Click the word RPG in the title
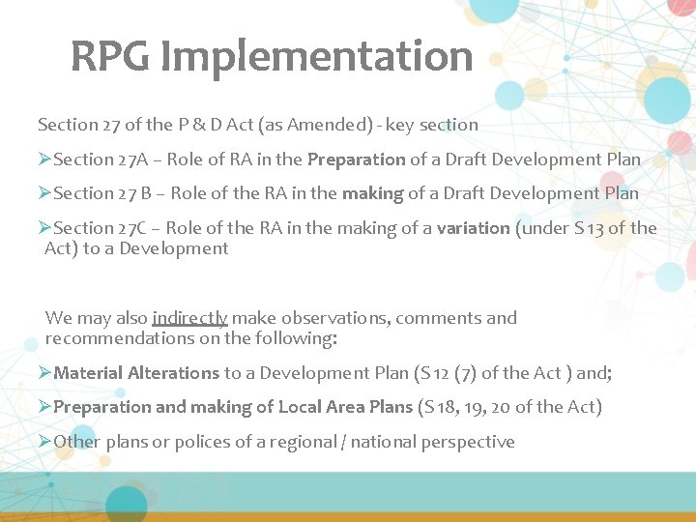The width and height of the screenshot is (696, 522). click(110, 57)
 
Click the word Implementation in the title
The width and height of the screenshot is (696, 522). click(317, 57)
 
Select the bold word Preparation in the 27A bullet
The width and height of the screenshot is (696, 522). click(356, 159)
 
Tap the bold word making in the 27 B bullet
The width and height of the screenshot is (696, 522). click(372, 193)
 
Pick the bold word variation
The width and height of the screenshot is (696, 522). click(473, 228)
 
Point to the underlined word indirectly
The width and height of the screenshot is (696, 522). click(189, 318)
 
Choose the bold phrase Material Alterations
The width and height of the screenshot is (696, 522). click(137, 373)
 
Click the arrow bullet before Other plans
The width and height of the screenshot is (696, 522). click(44, 442)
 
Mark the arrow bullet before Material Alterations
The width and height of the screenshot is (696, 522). click(44, 373)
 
